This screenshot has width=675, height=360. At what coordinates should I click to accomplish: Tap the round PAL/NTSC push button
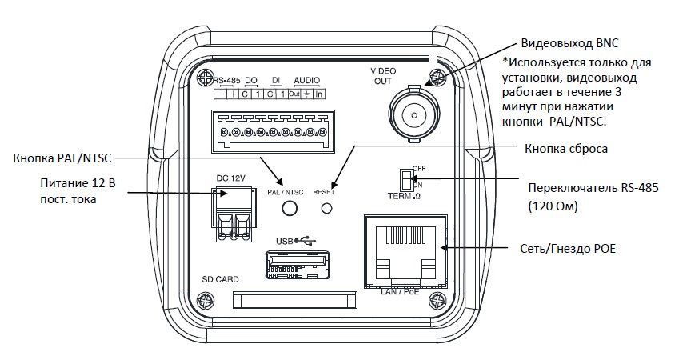point(290,208)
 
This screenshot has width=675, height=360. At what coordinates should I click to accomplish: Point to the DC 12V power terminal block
point(232,214)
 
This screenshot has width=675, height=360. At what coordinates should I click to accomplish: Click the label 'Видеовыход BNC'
point(569,43)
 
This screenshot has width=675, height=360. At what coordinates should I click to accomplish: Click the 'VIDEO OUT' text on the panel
point(383,76)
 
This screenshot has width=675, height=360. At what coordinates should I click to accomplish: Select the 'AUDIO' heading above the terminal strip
point(306,81)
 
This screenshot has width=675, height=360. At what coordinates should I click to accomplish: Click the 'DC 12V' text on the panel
point(231,178)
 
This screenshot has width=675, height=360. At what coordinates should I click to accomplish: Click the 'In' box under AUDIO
point(318,94)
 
